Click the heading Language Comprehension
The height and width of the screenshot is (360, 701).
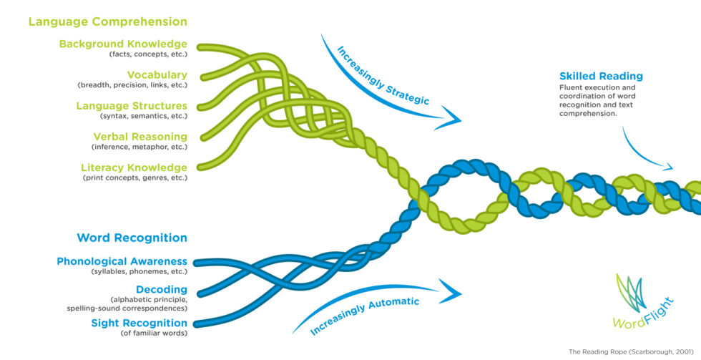107,21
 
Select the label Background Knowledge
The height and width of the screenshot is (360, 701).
123,44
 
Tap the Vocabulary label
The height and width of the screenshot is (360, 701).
157,74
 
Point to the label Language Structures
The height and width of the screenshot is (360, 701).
132,106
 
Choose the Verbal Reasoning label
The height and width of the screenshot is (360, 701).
140,136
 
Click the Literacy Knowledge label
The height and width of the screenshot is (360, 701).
134,167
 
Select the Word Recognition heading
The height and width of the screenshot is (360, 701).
132,238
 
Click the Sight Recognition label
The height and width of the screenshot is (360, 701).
139,323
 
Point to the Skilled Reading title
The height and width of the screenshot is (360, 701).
601,76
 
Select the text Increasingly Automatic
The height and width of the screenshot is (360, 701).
365,316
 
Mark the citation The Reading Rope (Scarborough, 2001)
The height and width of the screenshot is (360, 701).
629,351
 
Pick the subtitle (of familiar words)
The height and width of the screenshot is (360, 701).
154,333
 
